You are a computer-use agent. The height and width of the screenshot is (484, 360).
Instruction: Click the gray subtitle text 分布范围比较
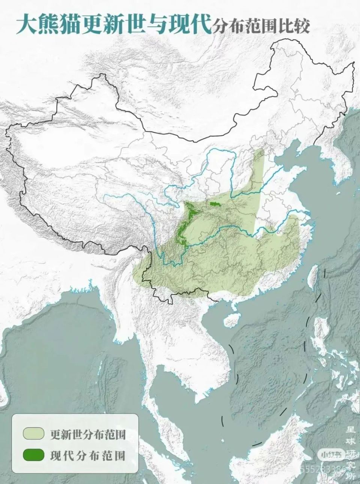pos(261,27)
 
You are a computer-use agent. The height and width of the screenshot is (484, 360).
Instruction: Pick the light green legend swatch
pos(33,434)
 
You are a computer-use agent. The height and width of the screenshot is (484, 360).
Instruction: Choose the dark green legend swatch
pos(33,455)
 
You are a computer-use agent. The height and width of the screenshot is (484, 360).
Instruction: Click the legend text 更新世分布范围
pos(87,434)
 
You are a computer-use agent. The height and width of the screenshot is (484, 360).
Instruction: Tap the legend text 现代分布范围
pos(87,455)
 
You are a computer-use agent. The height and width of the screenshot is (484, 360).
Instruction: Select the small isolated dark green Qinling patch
pos(214,204)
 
